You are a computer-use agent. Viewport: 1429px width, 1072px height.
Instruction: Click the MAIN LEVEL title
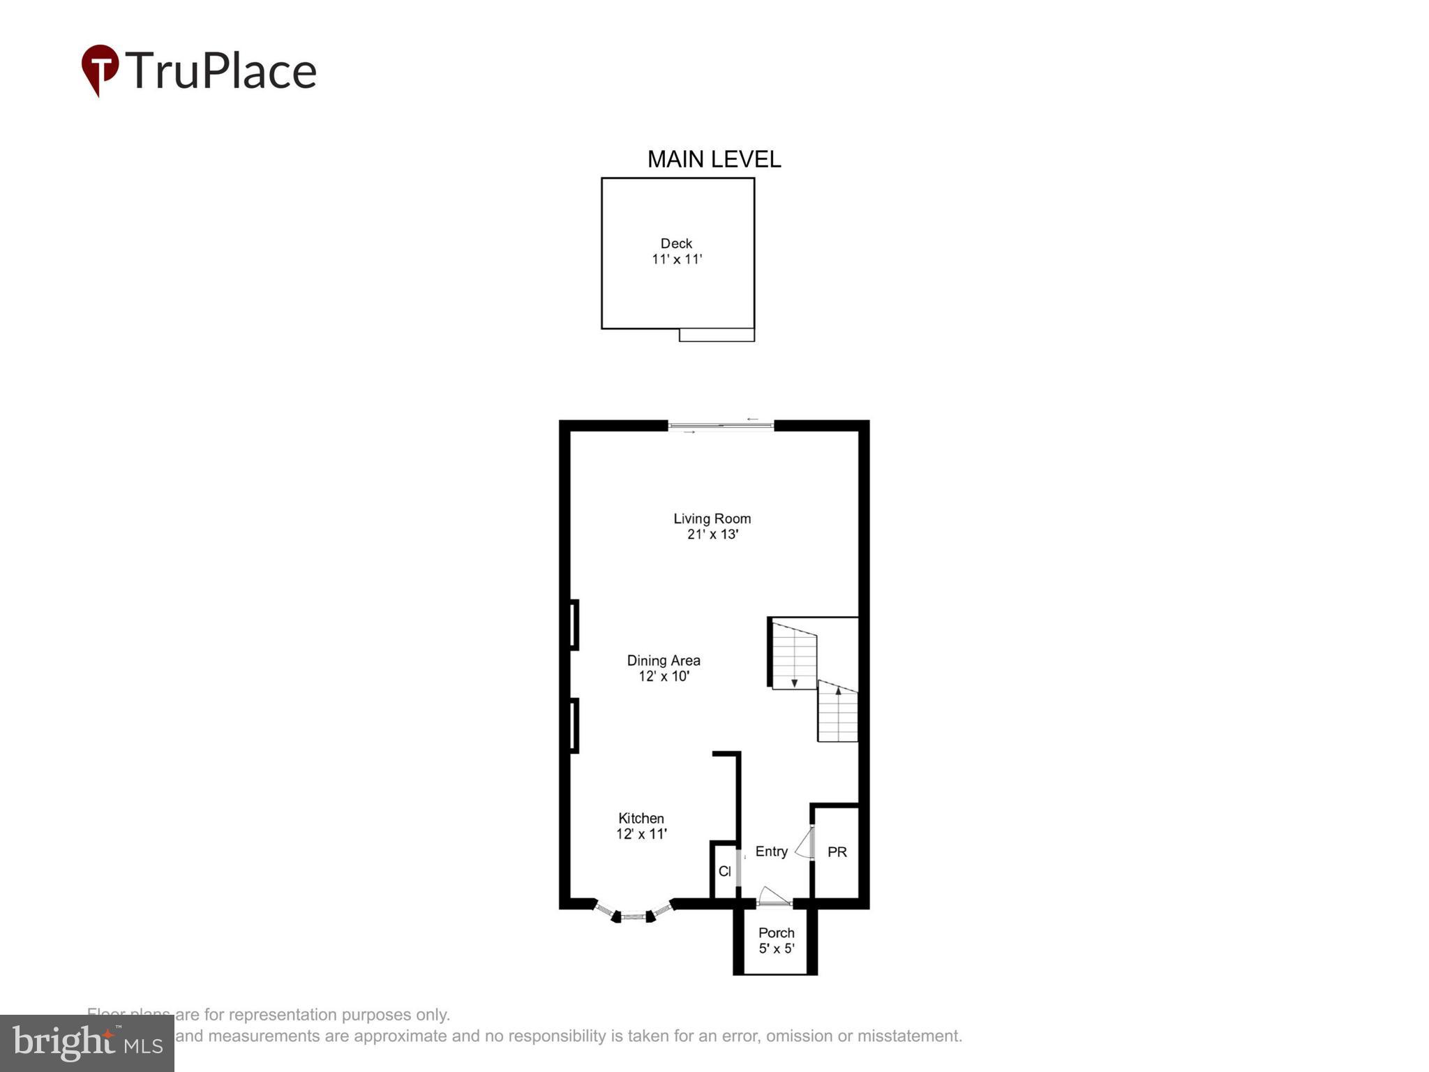[714, 160]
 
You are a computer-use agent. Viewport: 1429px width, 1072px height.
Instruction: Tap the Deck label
[676, 244]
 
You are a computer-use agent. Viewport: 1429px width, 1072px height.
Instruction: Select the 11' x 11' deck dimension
[677, 260]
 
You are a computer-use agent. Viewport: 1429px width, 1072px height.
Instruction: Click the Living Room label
[712, 519]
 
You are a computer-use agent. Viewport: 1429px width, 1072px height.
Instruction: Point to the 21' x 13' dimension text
[712, 535]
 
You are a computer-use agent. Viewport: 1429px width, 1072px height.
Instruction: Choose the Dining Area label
[664, 660]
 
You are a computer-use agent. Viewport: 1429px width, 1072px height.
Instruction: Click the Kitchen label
[641, 818]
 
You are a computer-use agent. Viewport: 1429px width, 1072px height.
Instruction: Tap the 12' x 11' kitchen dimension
[641, 834]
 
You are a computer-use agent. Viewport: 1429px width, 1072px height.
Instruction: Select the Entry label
[771, 851]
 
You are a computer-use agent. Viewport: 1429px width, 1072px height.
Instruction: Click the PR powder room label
[837, 852]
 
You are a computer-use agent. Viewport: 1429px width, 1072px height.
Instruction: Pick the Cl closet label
[724, 872]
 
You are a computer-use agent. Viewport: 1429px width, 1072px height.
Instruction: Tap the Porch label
[776, 933]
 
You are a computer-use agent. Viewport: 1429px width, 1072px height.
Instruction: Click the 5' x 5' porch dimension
[777, 949]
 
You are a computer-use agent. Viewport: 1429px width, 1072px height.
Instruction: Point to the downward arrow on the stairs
[794, 683]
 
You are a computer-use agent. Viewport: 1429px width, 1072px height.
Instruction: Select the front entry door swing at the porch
[772, 896]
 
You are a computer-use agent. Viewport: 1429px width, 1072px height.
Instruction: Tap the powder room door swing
[805, 844]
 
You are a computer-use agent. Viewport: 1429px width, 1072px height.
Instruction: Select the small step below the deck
[717, 335]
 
